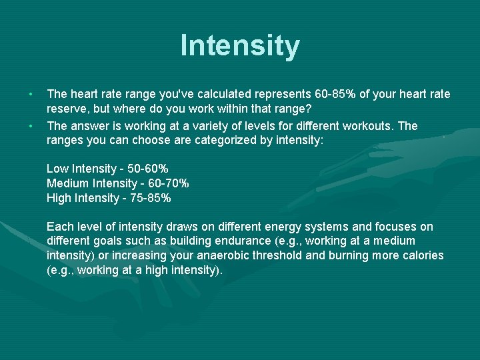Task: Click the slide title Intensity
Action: tap(240, 46)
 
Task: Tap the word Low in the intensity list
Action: tap(58, 169)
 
